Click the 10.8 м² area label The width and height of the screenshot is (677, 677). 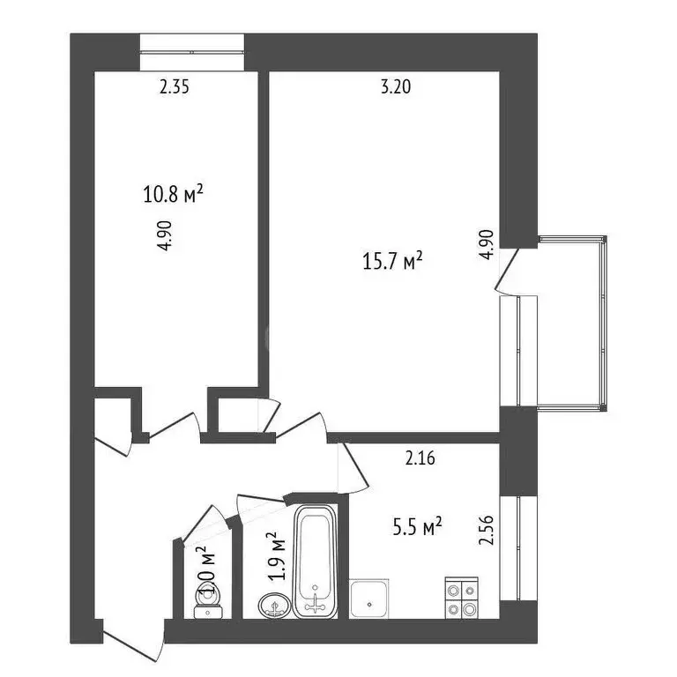point(173,193)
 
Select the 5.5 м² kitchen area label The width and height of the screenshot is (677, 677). point(416,527)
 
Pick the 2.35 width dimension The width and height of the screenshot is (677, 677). point(175,86)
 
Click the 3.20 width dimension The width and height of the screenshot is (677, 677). point(396,86)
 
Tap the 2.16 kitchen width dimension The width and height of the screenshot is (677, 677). point(421,458)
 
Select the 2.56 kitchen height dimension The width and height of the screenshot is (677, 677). point(484,531)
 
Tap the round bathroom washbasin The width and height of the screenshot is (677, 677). point(275,606)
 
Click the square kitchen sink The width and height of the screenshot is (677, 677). point(369,599)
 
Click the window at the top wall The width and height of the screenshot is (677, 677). point(192,50)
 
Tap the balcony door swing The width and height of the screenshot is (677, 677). point(508,270)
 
